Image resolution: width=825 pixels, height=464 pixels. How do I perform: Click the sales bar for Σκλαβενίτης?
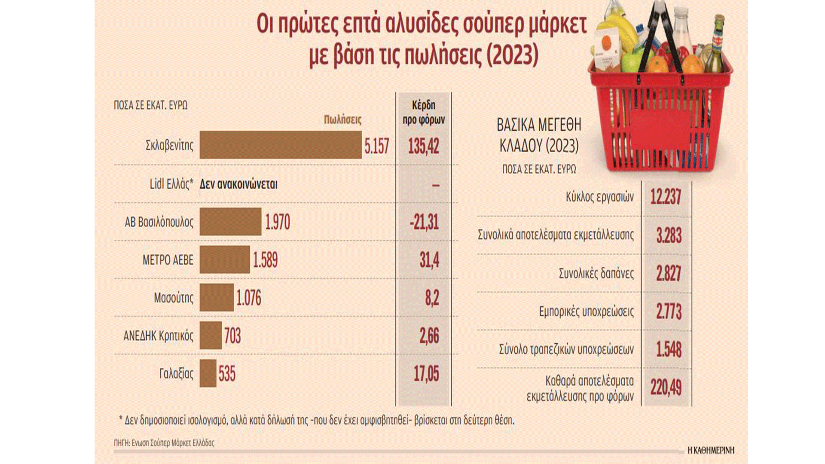(280, 145)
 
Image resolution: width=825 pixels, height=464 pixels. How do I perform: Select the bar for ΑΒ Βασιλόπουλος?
(230, 222)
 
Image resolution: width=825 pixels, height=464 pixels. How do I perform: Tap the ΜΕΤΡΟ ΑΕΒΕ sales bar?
(224, 259)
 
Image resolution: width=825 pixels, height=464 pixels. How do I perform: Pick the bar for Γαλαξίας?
(208, 373)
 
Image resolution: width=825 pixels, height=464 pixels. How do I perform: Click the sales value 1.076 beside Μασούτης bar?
(248, 298)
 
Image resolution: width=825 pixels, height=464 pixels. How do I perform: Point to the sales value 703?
(232, 336)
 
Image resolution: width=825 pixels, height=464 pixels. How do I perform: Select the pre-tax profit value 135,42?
(423, 146)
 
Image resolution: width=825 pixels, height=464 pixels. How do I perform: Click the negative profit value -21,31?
(424, 222)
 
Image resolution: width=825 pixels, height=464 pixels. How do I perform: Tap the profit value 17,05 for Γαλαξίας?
(426, 374)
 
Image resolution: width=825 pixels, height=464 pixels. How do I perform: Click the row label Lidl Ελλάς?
(171, 184)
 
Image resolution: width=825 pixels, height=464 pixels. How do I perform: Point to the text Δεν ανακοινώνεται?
(238, 184)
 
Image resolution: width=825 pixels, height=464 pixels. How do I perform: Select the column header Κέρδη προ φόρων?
(423, 113)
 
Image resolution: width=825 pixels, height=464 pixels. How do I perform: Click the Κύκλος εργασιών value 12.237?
(666, 197)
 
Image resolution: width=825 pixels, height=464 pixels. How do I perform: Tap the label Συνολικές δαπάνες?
(596, 273)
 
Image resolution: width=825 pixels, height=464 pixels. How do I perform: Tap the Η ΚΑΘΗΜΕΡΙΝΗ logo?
(711, 450)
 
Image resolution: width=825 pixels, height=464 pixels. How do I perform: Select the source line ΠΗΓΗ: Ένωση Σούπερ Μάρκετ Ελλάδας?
(164, 443)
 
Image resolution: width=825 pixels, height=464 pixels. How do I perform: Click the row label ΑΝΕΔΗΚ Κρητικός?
(158, 336)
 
